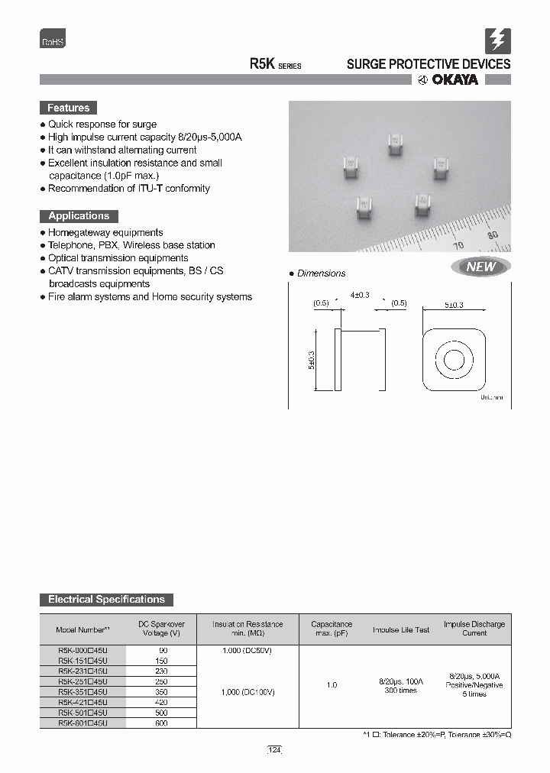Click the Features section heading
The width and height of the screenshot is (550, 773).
click(69, 108)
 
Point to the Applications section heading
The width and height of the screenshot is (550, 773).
click(79, 216)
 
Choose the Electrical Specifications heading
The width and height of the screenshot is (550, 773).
click(106, 600)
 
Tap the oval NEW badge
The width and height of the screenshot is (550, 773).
click(480, 267)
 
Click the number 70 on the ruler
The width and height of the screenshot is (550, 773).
click(459, 245)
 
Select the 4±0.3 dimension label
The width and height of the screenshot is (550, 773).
click(359, 295)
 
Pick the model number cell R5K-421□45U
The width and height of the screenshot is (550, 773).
click(82, 701)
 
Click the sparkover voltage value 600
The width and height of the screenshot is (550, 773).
click(161, 723)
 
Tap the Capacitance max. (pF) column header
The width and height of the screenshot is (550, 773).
click(332, 629)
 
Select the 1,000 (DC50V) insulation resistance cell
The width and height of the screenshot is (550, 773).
click(247, 650)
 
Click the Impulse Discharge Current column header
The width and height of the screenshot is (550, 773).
click(474, 629)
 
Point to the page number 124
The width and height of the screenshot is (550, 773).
click(275, 751)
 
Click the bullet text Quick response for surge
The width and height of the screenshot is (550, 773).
click(102, 124)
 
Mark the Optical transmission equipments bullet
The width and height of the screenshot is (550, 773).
click(118, 258)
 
